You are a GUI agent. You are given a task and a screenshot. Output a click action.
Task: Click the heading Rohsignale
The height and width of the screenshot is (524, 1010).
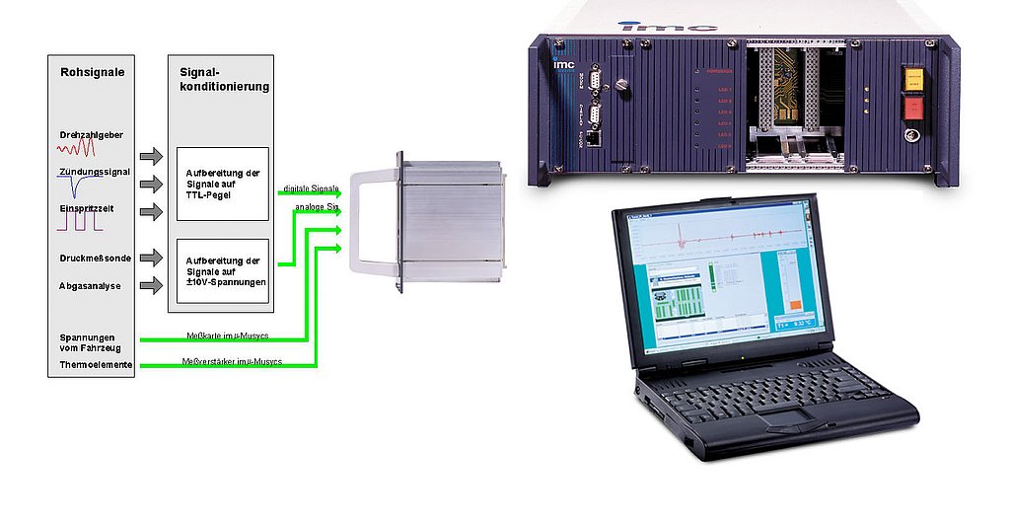[x=92, y=73]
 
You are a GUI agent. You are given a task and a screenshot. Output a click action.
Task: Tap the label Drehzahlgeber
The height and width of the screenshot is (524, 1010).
[x=91, y=134]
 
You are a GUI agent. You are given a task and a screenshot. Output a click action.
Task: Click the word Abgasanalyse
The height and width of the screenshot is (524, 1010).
[x=91, y=286]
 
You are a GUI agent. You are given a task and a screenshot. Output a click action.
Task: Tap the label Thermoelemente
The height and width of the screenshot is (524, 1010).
[x=96, y=365]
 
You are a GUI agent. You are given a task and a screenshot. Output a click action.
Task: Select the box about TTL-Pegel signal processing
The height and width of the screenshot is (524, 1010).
[x=222, y=184]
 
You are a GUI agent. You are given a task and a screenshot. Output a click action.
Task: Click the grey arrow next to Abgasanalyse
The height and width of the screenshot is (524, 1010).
[x=151, y=286]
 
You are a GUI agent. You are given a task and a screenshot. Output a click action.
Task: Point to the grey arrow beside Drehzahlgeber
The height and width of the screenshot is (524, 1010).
[x=151, y=156]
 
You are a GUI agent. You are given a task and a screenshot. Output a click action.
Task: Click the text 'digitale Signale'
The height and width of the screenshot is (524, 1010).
[x=311, y=187]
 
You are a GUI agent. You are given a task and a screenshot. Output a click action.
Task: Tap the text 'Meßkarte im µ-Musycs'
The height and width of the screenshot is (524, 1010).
[x=227, y=336]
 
